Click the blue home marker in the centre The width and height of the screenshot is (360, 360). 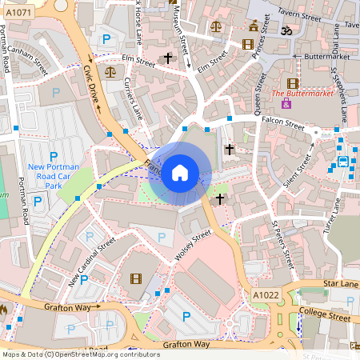(x=180, y=173)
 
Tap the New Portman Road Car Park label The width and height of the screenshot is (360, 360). (x=55, y=175)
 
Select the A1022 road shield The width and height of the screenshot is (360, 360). (x=266, y=294)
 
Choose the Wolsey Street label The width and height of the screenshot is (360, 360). (x=192, y=245)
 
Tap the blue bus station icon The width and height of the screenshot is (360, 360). (x=343, y=161)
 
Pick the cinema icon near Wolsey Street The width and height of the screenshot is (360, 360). (x=135, y=278)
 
